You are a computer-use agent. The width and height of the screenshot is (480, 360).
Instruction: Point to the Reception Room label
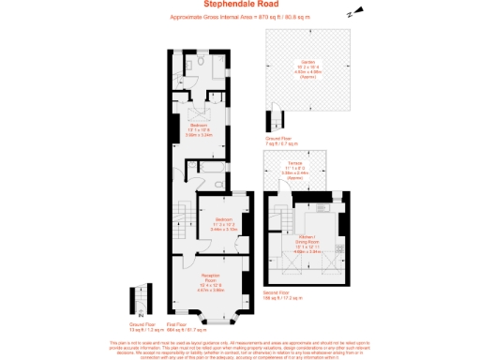(x=209, y=279)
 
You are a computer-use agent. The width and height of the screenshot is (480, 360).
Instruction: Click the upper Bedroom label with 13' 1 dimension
(x=199, y=127)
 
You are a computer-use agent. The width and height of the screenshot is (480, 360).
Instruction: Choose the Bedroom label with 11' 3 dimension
(x=222, y=224)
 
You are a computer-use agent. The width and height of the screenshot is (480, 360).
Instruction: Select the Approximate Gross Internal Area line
(x=239, y=17)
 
